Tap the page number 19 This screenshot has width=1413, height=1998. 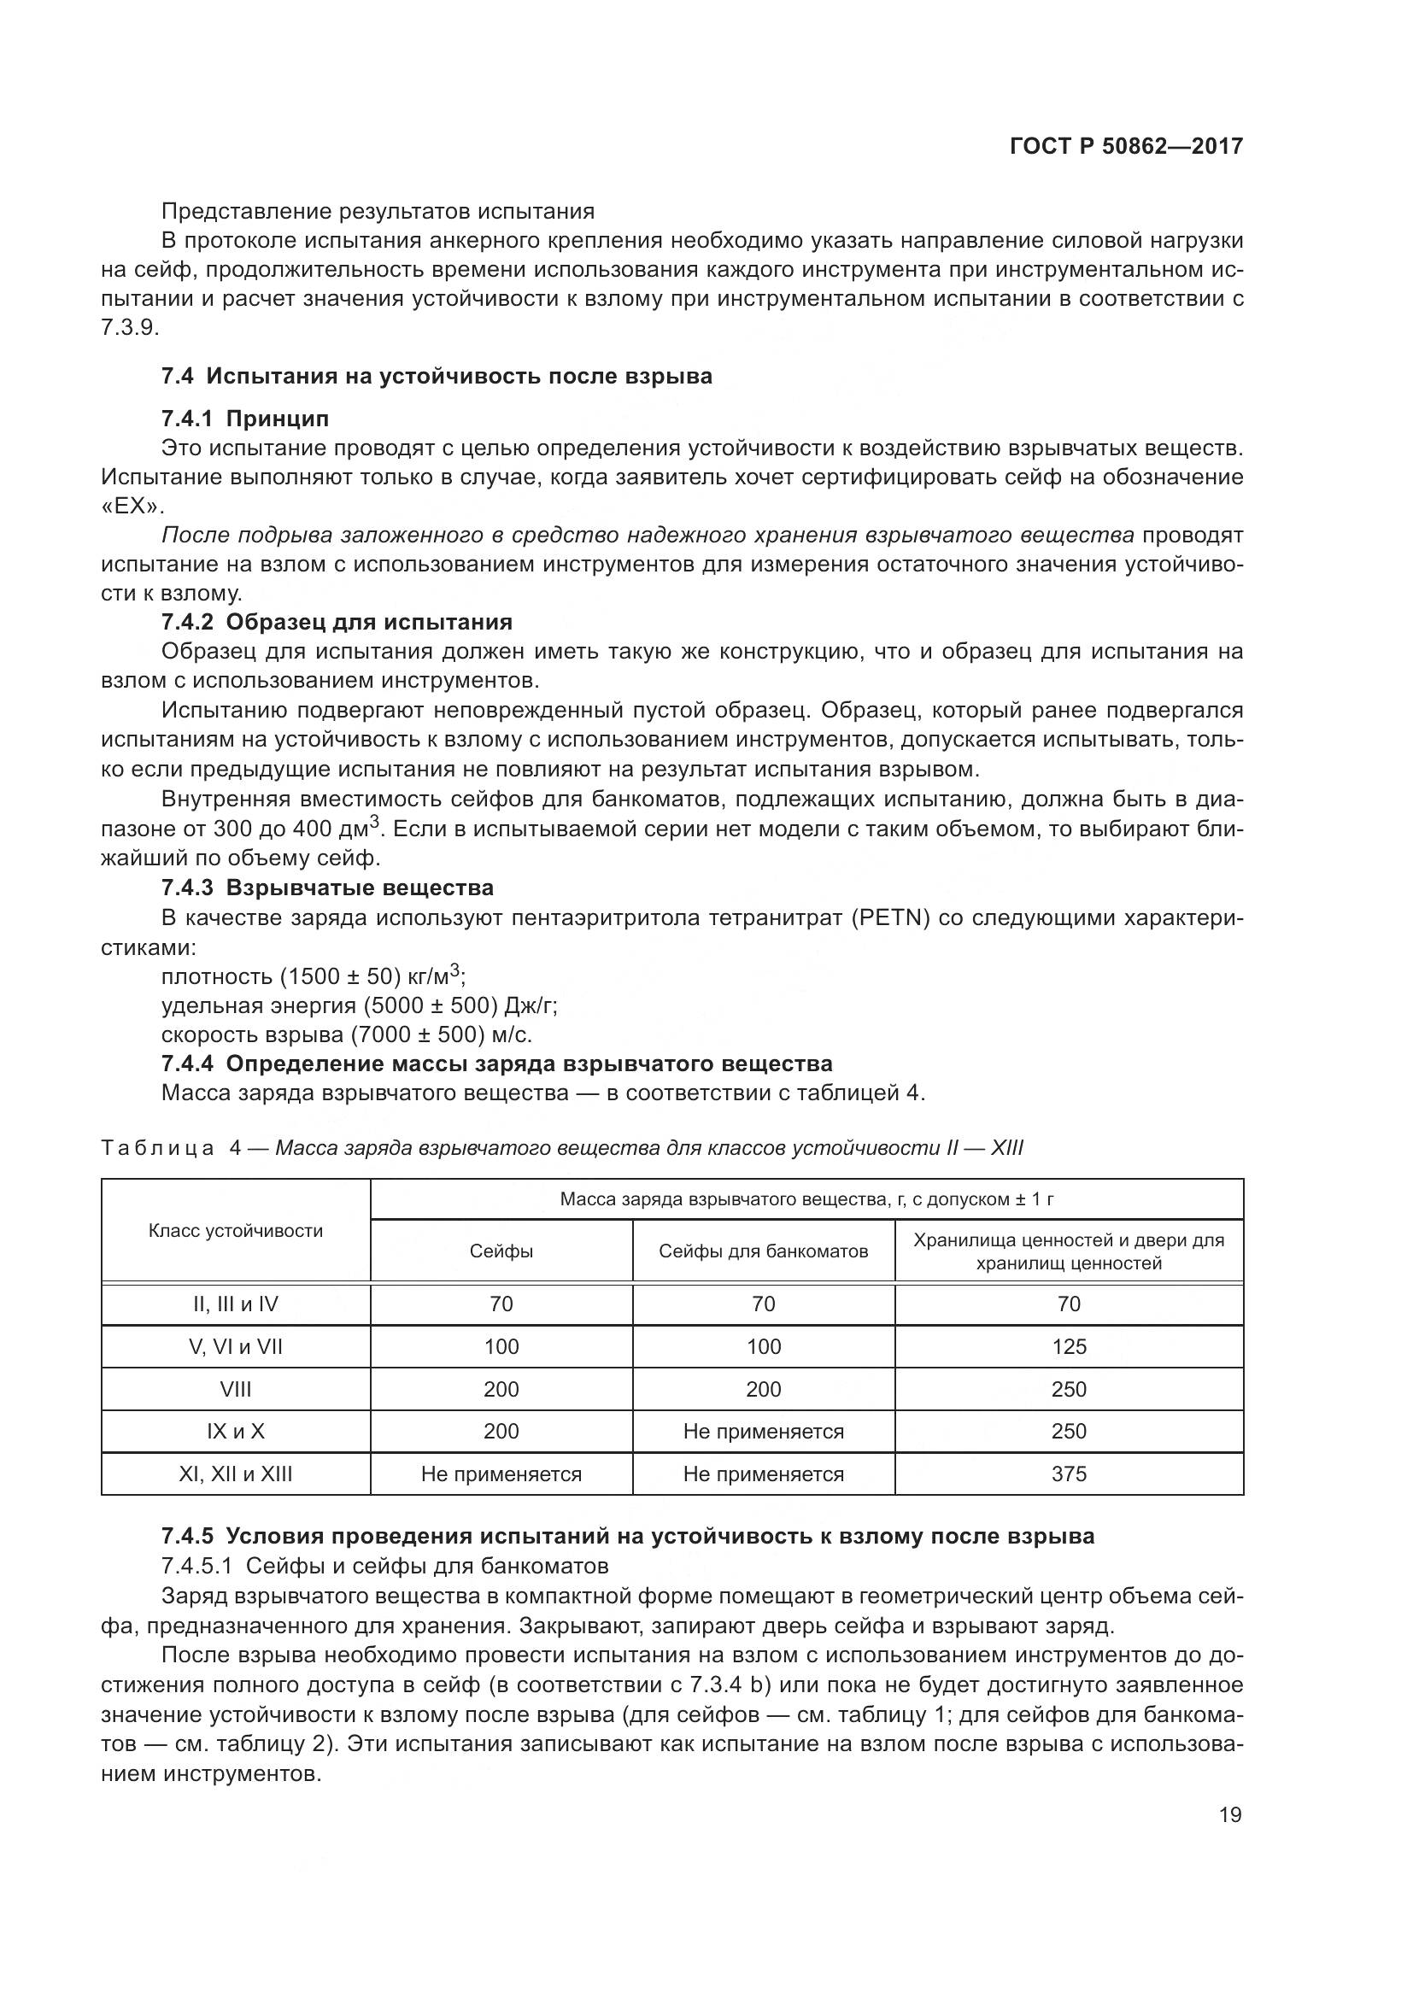click(x=1230, y=1814)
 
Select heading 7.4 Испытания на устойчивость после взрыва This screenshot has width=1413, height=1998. click(x=436, y=376)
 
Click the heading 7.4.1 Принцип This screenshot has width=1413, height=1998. click(x=244, y=419)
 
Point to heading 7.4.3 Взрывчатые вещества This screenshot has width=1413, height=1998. click(x=327, y=888)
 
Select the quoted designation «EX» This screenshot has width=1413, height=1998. click(x=132, y=507)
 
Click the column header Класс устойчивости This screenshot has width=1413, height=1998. click(x=236, y=1230)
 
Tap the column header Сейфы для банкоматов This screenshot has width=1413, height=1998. click(x=763, y=1251)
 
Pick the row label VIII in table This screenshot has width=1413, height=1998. click(x=236, y=1389)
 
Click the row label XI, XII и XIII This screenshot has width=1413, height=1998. click(x=236, y=1474)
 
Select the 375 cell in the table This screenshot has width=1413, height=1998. click(x=1069, y=1474)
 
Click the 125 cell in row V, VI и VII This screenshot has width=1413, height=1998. click(x=1069, y=1346)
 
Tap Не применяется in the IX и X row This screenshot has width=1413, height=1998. click(x=763, y=1432)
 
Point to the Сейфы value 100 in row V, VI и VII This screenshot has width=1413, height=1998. click(x=501, y=1346)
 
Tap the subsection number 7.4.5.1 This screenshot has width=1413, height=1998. click(x=196, y=1566)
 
